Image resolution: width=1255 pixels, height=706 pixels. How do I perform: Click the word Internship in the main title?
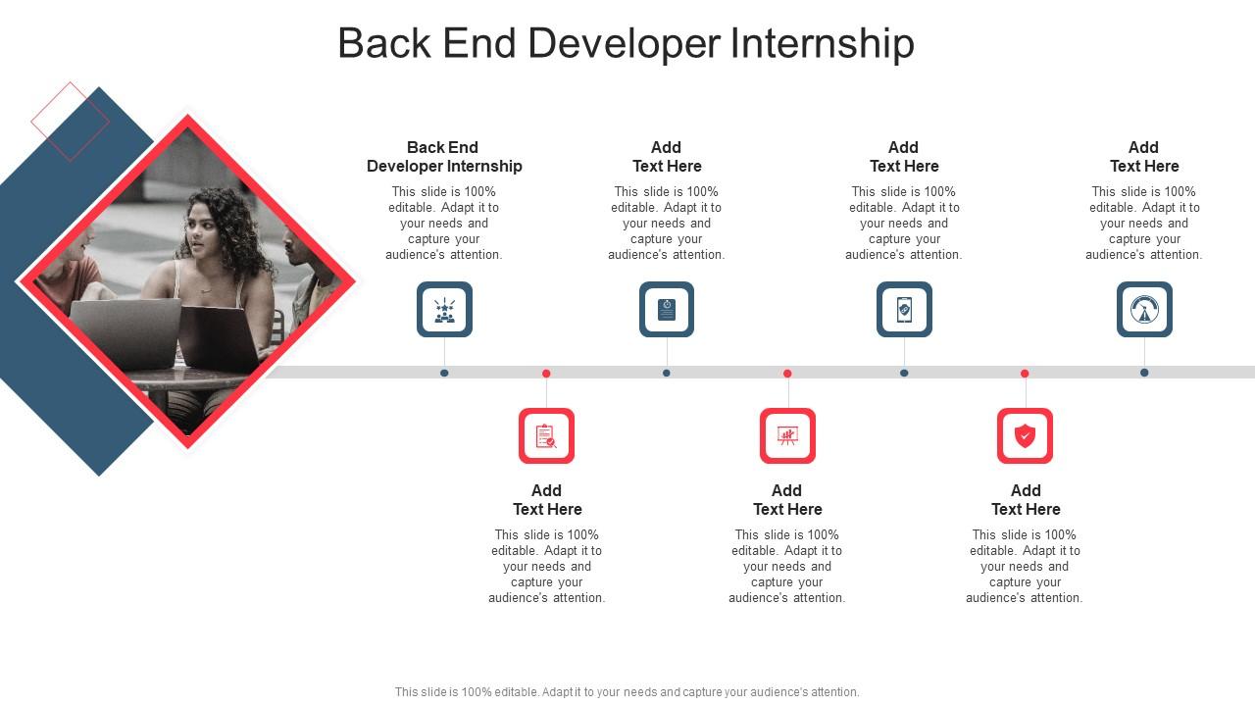[x=823, y=44]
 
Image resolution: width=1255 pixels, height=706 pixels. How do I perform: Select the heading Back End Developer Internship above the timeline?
[x=444, y=157]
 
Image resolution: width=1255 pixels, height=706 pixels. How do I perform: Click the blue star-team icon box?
[x=444, y=309]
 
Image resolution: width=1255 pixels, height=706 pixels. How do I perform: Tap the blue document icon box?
[x=667, y=309]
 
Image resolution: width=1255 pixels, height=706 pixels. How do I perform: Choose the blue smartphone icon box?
[x=904, y=309]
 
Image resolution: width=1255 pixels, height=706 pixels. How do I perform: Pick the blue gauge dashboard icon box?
[x=1144, y=309]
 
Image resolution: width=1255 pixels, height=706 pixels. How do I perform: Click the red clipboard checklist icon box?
[x=546, y=436]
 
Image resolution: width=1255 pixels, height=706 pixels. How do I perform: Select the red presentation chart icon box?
[x=787, y=436]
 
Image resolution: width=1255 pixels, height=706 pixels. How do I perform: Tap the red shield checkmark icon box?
[x=1025, y=436]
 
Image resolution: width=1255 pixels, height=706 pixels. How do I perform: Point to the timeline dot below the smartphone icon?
[x=904, y=374]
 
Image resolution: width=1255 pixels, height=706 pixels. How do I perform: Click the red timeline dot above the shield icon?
[x=1025, y=374]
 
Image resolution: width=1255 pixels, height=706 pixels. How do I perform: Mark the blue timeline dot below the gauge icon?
[x=1144, y=373]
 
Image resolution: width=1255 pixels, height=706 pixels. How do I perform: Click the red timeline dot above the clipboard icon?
[x=546, y=374]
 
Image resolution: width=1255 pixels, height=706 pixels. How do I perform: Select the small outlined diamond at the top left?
[x=70, y=122]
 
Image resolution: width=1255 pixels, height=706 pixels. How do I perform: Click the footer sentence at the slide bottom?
[x=627, y=692]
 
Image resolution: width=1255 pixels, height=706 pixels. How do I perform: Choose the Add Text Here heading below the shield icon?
[x=1026, y=500]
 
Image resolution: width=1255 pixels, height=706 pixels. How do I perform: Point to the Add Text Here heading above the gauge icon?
[x=1144, y=157]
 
